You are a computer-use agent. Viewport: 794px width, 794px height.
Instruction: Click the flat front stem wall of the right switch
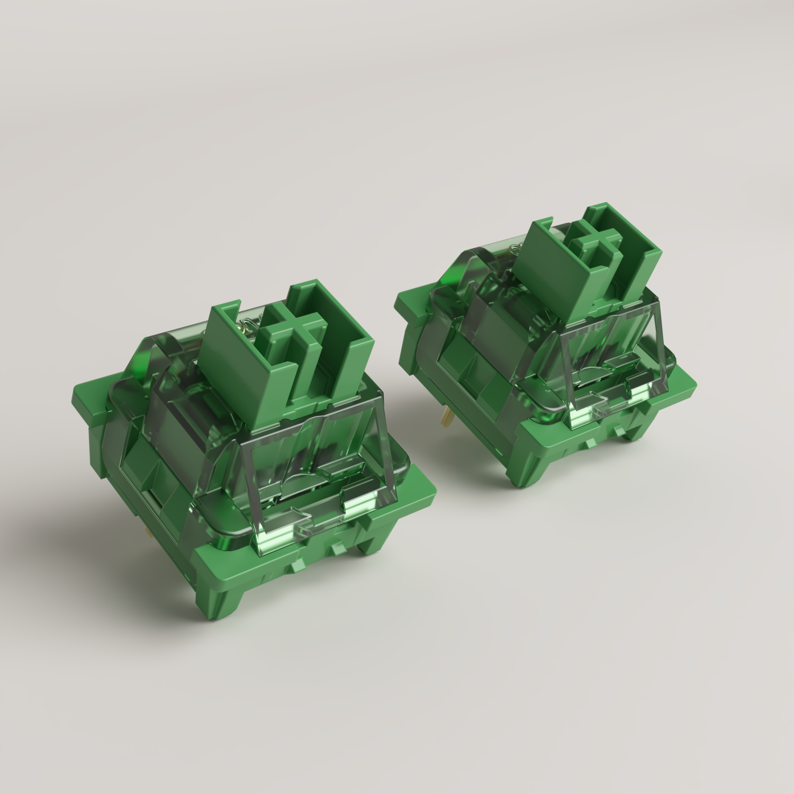(x=551, y=275)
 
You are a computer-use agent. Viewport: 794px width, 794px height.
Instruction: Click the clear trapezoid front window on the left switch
(x=312, y=466)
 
